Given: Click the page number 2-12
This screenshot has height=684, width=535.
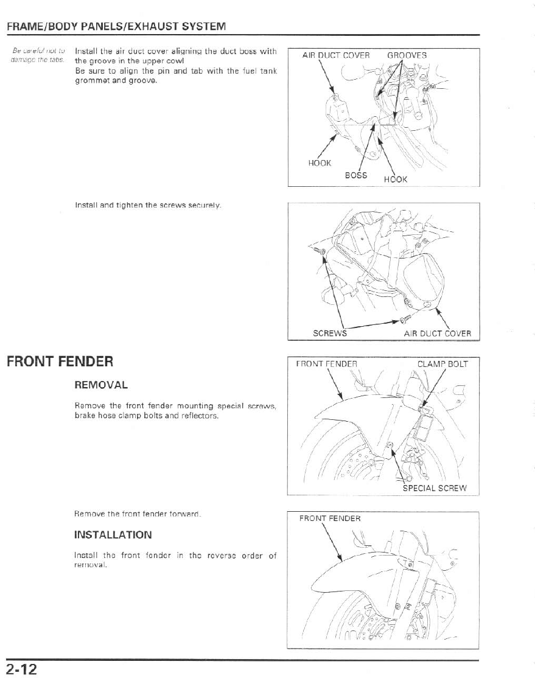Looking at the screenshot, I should [x=23, y=670].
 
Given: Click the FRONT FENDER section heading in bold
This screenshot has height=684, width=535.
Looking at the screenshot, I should [x=60, y=361].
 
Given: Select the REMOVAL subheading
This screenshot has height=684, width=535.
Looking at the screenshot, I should [x=100, y=385].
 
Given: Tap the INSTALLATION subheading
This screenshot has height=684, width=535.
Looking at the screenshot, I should [x=113, y=535].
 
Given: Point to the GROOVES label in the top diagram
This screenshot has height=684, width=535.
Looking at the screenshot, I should [x=407, y=55].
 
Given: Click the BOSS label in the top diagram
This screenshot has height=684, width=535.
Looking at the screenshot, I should [x=356, y=175].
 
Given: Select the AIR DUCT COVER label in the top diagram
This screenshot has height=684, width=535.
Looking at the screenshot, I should [x=335, y=55].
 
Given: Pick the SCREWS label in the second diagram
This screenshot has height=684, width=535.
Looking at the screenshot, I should [x=329, y=333].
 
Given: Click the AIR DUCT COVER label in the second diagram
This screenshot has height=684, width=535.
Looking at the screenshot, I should [x=437, y=333].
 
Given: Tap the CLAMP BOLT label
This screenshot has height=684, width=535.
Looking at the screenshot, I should [x=442, y=365].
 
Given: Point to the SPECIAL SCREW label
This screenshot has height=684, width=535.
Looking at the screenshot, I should [x=434, y=488].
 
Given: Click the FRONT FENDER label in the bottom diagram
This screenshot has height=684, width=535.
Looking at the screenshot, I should [x=330, y=518].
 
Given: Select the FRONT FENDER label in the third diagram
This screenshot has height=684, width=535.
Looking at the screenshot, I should [x=326, y=365].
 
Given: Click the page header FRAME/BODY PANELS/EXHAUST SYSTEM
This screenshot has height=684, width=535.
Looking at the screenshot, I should [x=116, y=27].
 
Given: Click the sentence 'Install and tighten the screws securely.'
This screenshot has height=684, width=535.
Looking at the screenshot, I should [x=147, y=206].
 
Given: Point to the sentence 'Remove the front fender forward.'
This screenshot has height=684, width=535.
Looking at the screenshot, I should [x=138, y=514].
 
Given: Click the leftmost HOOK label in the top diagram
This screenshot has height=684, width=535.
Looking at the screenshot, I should [x=320, y=162].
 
